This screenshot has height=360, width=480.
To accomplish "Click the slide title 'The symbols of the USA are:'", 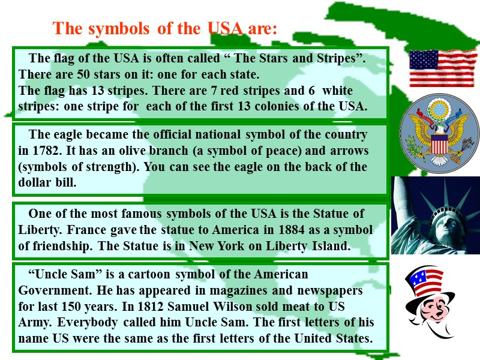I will [x=165, y=28].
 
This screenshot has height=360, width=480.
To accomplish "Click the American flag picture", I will [x=443, y=68].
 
